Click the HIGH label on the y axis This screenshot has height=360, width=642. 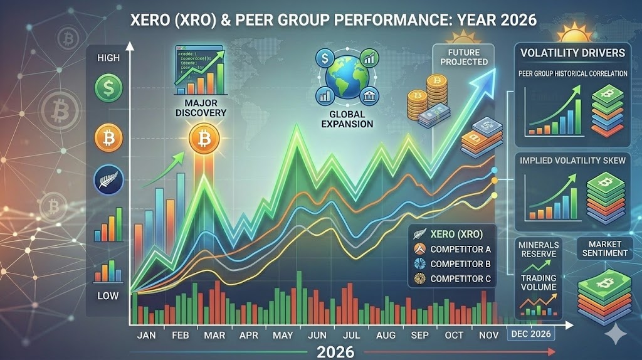[x=109, y=58]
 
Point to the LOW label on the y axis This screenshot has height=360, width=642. [x=108, y=295]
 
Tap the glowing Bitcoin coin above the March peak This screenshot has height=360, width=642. [x=203, y=137]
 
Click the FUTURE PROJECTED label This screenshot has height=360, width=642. [x=463, y=56]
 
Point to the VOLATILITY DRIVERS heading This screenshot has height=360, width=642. [x=573, y=53]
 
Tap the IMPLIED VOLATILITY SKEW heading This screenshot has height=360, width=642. [x=573, y=161]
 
